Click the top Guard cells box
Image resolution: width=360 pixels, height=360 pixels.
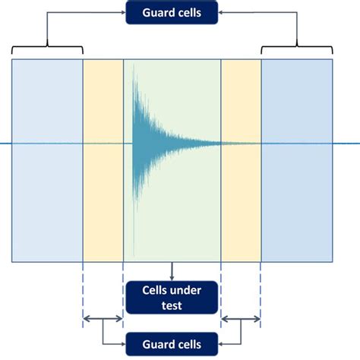pos(172,12)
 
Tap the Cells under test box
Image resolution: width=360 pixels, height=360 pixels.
pos(172,298)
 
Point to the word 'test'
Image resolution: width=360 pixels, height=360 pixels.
pos(173,305)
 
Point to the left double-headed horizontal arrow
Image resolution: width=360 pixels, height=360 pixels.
pos(103,320)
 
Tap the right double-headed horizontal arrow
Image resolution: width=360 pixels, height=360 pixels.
pos(241,320)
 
